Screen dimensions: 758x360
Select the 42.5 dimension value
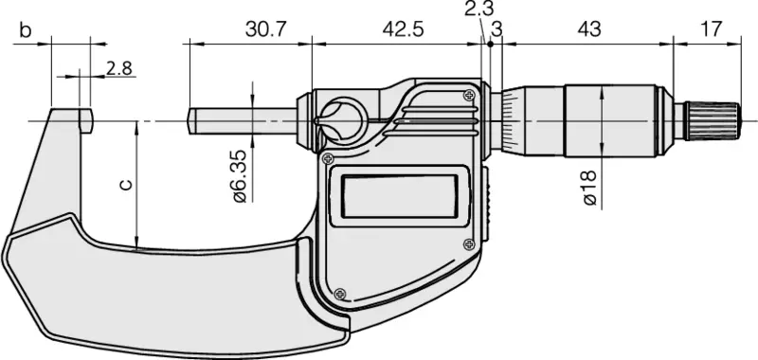click(x=403, y=29)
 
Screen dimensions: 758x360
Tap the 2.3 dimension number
click(x=479, y=9)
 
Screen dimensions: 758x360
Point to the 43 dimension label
click(x=589, y=29)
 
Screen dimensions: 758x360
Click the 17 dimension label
click(x=711, y=29)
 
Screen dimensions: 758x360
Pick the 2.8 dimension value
click(x=118, y=68)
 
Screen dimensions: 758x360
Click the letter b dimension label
click(x=26, y=30)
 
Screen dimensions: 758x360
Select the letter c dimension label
click(x=125, y=185)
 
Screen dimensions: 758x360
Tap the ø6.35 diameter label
click(x=240, y=176)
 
